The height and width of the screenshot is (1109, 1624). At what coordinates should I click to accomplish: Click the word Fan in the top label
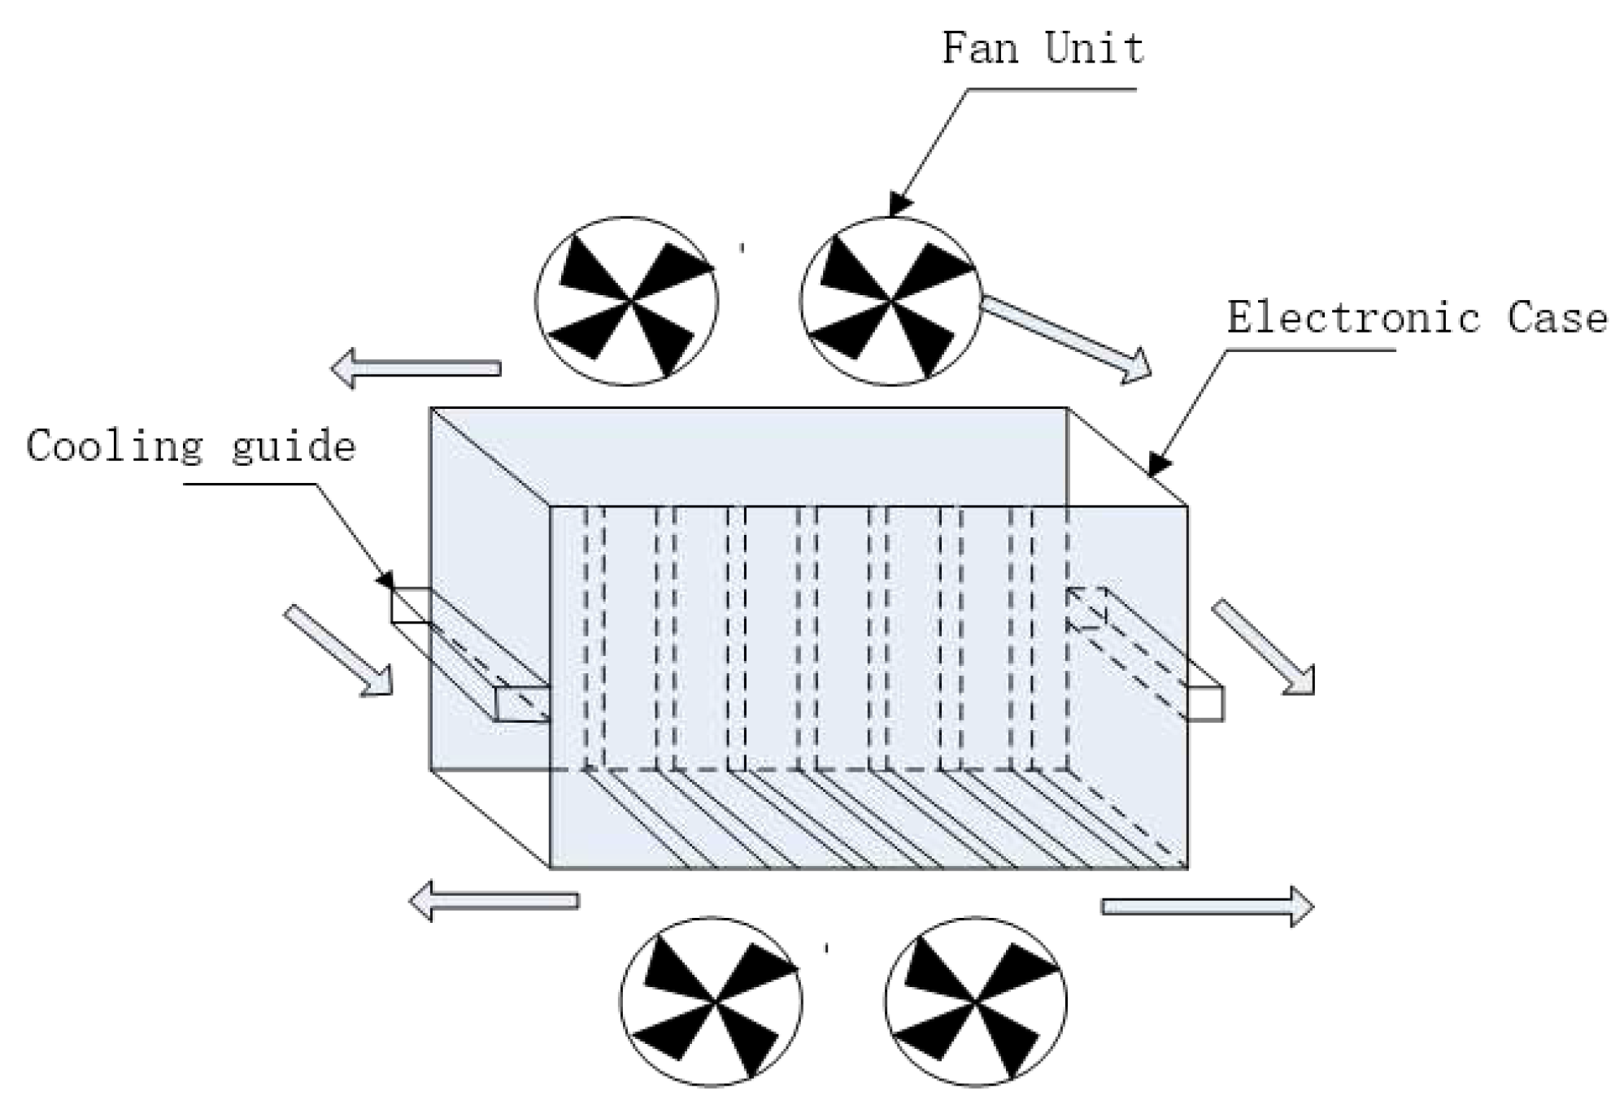(980, 49)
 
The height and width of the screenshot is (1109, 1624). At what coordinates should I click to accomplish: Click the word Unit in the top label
(1095, 49)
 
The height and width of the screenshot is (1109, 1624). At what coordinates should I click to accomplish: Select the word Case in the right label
(1557, 318)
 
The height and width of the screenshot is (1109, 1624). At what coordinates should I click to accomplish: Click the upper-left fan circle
(626, 301)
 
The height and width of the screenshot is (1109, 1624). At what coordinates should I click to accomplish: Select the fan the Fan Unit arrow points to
(890, 301)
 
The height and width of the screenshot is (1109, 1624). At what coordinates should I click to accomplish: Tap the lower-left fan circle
(711, 1001)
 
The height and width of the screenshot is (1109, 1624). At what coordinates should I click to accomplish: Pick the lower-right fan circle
(975, 1001)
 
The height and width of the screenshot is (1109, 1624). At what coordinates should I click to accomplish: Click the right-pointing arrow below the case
(1207, 907)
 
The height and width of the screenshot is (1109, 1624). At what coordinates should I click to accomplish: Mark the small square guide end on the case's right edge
(1204, 703)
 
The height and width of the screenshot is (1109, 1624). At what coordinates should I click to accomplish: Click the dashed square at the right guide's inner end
(1086, 607)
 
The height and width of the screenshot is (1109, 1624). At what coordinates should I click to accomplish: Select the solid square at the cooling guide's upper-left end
(411, 606)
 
